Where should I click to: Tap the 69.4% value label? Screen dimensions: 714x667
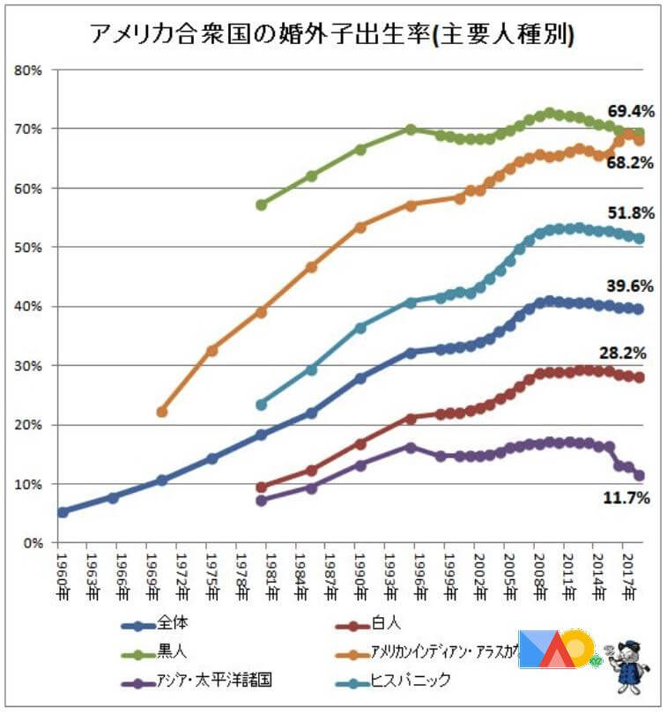[631, 112]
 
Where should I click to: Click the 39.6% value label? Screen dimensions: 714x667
[631, 286]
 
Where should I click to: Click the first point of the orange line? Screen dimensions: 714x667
[161, 412]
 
